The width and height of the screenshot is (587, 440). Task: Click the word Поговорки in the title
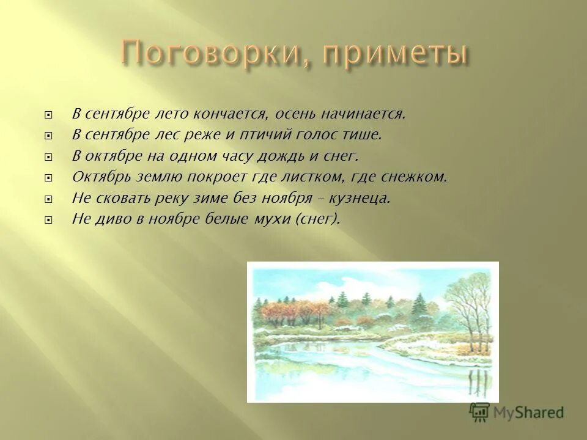click(x=203, y=54)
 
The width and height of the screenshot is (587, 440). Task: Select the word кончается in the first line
click(x=231, y=114)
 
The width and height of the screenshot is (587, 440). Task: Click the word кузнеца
click(x=367, y=198)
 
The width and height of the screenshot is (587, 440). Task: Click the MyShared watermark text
click(x=529, y=412)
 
